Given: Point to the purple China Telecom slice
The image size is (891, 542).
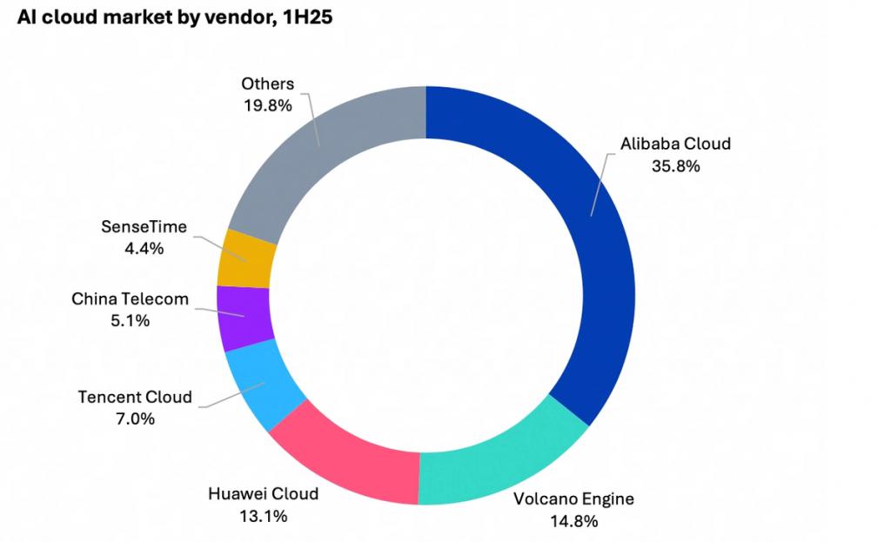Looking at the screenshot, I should click(244, 316).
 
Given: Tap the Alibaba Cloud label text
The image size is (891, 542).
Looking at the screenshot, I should click(675, 144).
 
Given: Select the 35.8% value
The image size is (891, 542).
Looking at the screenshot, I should click(675, 165).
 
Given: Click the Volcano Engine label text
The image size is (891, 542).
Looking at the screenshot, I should click(573, 499).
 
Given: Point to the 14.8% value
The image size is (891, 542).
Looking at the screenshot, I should click(573, 521).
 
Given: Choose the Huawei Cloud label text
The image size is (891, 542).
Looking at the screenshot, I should click(263, 494).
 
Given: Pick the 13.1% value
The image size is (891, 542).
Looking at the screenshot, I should click(263, 516).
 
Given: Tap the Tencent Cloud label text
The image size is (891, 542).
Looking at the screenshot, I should click(135, 397).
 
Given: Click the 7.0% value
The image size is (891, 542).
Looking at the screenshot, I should click(135, 418).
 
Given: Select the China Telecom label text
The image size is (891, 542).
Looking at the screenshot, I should click(130, 299).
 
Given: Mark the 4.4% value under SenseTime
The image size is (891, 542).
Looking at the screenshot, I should click(144, 248).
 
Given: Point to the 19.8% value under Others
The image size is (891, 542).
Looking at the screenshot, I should click(267, 105).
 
